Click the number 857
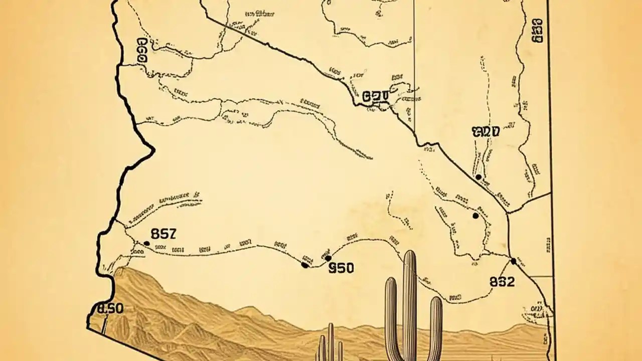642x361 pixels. tap(164, 234)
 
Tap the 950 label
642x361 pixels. tap(341, 268)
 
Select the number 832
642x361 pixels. tap(502, 282)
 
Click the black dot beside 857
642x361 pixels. tap(146, 243)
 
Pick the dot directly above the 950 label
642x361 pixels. tap(328, 258)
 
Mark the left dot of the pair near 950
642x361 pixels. tap(304, 265)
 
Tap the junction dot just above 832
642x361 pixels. tap(513, 261)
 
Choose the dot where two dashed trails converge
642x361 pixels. tap(478, 176)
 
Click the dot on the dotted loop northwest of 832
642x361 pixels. tap(475, 216)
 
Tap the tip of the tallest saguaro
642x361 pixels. tap(410, 253)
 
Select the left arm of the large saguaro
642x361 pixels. tap(390, 301)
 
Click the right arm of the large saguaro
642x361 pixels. tap(435, 316)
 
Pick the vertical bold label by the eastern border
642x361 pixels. tap(538, 31)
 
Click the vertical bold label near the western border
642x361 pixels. tap(142, 51)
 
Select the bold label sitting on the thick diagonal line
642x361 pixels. tap(375, 96)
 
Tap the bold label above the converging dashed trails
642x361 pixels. tap(486, 132)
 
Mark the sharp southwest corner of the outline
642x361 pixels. tap(88, 327)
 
